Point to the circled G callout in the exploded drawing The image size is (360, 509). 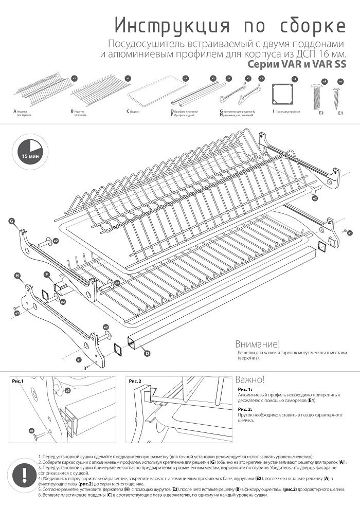11,221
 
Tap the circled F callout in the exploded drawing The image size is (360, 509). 47,275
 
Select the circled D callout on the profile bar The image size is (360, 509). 147,353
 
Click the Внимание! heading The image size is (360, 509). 257,344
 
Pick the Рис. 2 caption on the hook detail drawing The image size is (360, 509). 135,381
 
